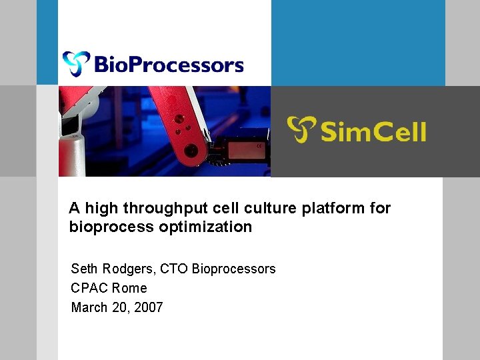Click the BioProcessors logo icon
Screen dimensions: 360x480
pyautogui.click(x=76, y=64)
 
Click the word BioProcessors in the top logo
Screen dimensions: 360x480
pyautogui.click(x=169, y=65)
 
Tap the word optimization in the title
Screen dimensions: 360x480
pyautogui.click(x=205, y=227)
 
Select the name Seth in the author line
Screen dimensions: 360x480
pyautogui.click(x=85, y=269)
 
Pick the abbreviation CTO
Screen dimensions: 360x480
pyautogui.click(x=174, y=269)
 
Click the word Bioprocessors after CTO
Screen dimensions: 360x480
pyautogui.click(x=233, y=269)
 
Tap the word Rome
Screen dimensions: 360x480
pyautogui.click(x=129, y=288)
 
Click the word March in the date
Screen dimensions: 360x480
pyautogui.click(x=89, y=307)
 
